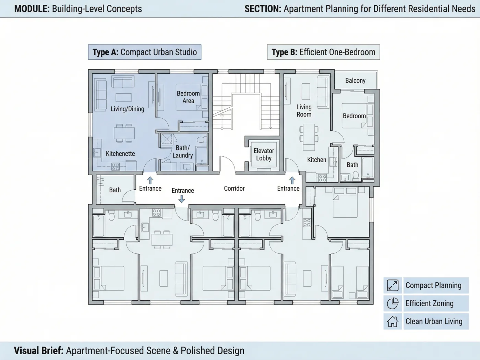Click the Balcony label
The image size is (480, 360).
355,81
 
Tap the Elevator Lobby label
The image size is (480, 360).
264,154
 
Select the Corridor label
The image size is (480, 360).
234,189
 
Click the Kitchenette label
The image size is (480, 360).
120,154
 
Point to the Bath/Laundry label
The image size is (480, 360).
183,152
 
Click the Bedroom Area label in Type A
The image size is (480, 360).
188,97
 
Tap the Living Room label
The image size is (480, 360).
304,111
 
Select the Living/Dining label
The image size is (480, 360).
127,109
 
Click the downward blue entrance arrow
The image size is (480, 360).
181,199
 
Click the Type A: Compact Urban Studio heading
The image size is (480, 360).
145,52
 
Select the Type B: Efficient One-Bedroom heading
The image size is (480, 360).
323,52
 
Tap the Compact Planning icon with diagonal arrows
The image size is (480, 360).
393,285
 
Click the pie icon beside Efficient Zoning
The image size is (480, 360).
393,303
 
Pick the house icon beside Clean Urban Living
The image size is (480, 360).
393,322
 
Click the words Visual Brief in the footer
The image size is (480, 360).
39,350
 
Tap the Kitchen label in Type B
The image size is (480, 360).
316,160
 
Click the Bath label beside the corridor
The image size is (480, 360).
115,190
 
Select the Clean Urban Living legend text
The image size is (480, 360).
434,322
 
